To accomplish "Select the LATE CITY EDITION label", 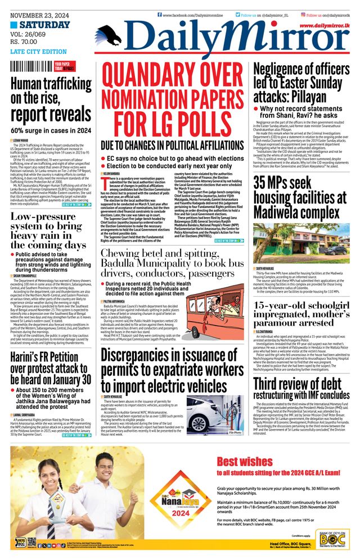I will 38,52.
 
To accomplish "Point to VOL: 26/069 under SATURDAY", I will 31,34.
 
